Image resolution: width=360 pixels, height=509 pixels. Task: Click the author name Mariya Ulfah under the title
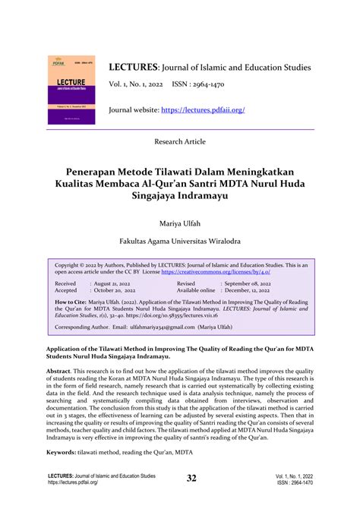pyautogui.click(x=180, y=224)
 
